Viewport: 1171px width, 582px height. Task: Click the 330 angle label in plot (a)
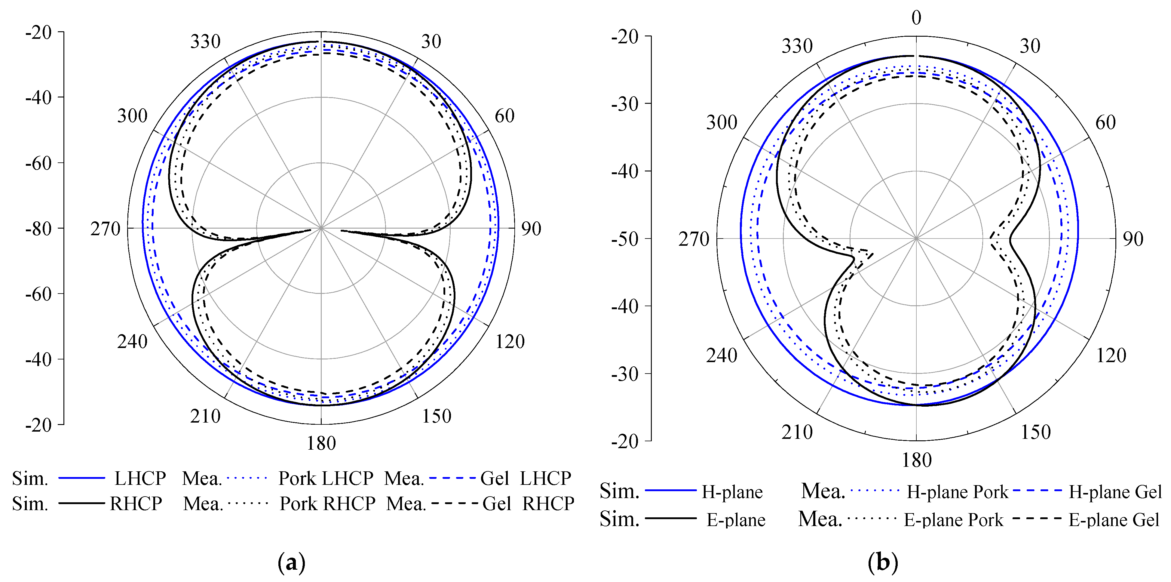(x=205, y=42)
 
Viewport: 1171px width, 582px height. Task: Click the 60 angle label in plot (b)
(x=1105, y=123)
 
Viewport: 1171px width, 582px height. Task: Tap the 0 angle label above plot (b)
(x=916, y=18)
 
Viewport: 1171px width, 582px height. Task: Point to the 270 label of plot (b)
(x=694, y=239)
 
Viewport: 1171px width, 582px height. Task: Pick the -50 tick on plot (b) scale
(x=625, y=239)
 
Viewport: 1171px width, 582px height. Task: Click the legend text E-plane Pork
(x=953, y=520)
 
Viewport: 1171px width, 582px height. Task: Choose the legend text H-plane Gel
(x=1115, y=492)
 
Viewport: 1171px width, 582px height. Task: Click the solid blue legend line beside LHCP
(x=82, y=478)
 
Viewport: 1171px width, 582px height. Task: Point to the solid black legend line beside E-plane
(x=670, y=518)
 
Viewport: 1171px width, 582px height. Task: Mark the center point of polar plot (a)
(x=321, y=228)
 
